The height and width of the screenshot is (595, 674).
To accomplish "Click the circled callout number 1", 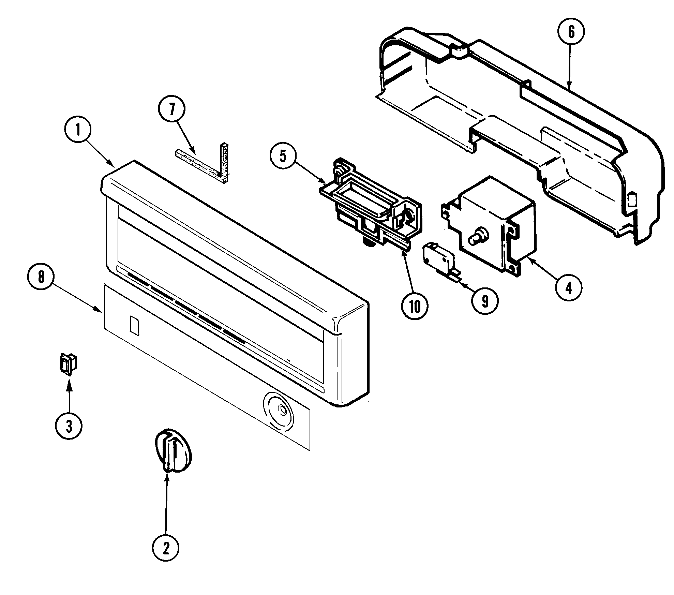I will tap(78, 130).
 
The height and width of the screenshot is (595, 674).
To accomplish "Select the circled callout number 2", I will tap(165, 549).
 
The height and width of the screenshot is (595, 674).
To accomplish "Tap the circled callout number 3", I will tap(69, 426).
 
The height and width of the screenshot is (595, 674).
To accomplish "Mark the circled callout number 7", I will tap(171, 109).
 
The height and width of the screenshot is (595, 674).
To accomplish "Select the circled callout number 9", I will tap(485, 301).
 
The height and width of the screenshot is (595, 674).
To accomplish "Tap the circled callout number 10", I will tap(415, 306).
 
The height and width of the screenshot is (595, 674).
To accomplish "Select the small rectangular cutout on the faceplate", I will tap(134, 326).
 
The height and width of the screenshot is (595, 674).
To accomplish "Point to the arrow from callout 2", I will tap(166, 505).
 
